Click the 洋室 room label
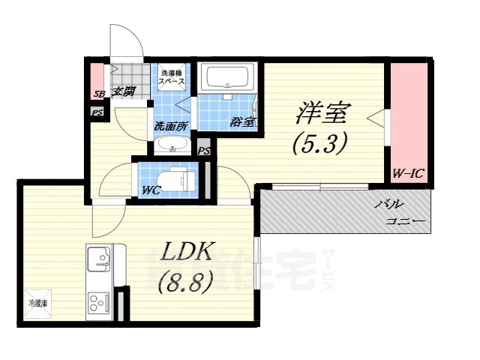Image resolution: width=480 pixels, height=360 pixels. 322,113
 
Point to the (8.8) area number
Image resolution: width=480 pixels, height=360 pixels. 184,281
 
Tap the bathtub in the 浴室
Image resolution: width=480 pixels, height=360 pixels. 229,78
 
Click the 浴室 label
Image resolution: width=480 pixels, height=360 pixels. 243,121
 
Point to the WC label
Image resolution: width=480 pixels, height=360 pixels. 151,190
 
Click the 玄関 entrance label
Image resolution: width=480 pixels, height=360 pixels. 124,92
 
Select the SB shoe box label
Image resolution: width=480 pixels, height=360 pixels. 97,94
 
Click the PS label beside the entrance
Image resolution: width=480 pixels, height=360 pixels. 97,112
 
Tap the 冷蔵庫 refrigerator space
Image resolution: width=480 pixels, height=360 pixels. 38,304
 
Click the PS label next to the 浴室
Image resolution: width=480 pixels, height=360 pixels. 203,150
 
